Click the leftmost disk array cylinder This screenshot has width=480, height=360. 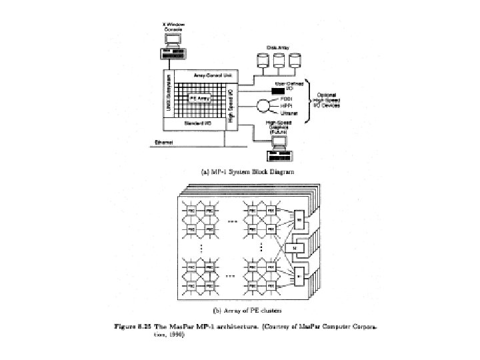point(261,61)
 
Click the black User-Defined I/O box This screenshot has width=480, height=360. point(278,90)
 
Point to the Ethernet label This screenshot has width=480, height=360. point(164,141)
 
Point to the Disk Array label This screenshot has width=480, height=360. point(277,47)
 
